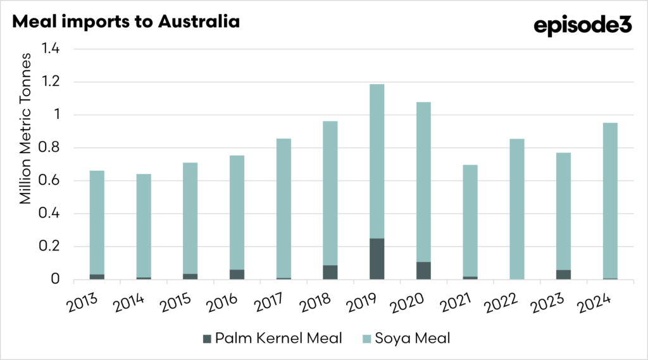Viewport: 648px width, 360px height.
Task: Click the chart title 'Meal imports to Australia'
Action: [x=126, y=21]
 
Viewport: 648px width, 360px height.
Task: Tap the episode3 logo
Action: [x=583, y=26]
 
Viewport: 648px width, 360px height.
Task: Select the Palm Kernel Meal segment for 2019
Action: [x=377, y=259]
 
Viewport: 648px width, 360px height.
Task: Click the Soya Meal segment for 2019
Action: [x=377, y=161]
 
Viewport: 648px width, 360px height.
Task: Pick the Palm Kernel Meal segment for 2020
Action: [x=423, y=270]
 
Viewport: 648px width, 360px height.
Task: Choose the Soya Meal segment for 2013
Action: [x=97, y=222]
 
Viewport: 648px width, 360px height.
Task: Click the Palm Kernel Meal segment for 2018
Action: [x=330, y=272]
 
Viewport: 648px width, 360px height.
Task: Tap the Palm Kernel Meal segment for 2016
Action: [x=237, y=274]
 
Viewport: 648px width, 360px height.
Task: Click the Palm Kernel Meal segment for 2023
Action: [x=564, y=275]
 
